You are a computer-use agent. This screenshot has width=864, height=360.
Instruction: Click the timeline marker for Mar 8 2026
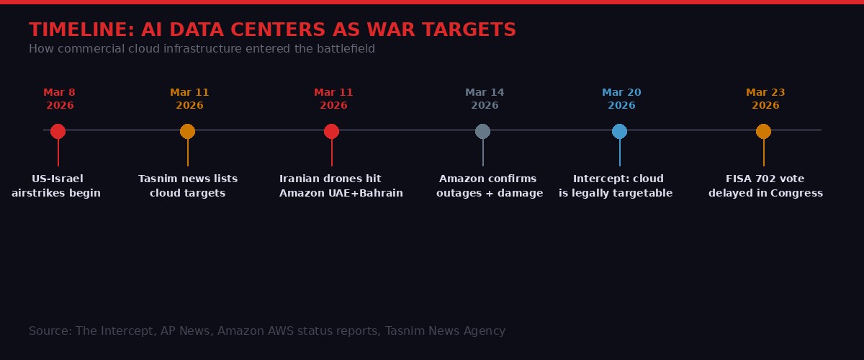click(x=58, y=131)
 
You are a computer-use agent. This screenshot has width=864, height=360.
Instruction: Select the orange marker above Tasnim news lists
click(x=187, y=131)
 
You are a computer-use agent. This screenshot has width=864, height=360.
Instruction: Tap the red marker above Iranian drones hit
click(x=331, y=131)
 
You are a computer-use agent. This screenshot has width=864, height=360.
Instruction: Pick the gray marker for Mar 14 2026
click(x=482, y=131)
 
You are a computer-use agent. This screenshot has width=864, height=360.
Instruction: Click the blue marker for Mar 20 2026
click(x=619, y=131)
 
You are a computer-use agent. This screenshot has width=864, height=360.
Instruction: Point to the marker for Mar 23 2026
click(x=763, y=131)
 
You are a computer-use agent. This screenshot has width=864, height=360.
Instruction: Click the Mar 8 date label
click(x=60, y=99)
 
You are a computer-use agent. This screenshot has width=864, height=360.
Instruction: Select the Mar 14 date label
click(x=485, y=99)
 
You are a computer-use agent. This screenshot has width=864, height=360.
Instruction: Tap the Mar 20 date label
click(x=621, y=99)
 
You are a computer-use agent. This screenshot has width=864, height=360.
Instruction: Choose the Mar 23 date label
click(x=765, y=99)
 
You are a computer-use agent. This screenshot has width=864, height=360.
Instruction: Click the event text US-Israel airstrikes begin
click(x=56, y=186)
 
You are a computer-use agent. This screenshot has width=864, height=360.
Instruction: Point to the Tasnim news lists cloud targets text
click(x=187, y=186)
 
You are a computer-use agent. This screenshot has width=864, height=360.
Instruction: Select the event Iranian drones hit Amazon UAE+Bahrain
click(x=341, y=186)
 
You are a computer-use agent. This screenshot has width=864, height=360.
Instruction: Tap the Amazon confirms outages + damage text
click(x=489, y=186)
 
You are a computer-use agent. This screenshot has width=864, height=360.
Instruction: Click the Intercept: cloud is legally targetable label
click(x=616, y=186)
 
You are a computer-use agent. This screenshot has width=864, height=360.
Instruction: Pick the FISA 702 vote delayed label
click(x=765, y=186)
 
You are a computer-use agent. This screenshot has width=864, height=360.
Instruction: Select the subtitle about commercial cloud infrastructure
click(x=202, y=49)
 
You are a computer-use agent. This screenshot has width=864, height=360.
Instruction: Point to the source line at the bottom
click(x=267, y=331)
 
